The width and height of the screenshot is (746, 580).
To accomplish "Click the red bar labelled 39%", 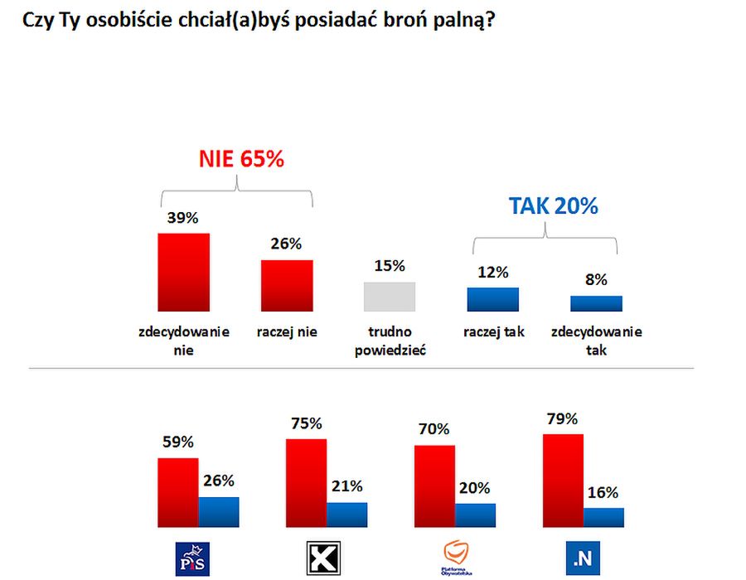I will tap(183, 272).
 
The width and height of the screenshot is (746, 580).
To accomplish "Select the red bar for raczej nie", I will tap(287, 286).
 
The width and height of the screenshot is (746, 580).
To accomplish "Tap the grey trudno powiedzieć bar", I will tap(390, 297).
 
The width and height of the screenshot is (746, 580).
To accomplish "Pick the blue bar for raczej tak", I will tap(492, 299).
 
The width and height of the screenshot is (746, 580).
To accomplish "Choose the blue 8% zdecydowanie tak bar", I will tap(596, 303).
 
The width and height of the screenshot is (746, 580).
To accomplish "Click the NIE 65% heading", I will tap(240, 159).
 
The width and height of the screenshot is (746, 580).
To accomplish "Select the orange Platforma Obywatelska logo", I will tap(455, 557).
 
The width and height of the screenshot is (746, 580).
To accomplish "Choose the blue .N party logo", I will tap(583, 559).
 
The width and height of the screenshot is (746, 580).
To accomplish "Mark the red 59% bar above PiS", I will tap(178, 492).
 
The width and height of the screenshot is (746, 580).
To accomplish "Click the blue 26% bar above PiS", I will tap(219, 512).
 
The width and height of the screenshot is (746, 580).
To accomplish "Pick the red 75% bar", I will tap(306, 483).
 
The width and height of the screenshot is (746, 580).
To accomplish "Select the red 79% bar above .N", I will tap(563, 481).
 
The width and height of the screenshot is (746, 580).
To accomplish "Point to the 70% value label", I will tap(434, 429).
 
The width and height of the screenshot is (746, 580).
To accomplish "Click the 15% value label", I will tap(390, 266).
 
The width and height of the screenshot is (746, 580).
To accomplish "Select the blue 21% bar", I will tap(346, 515).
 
